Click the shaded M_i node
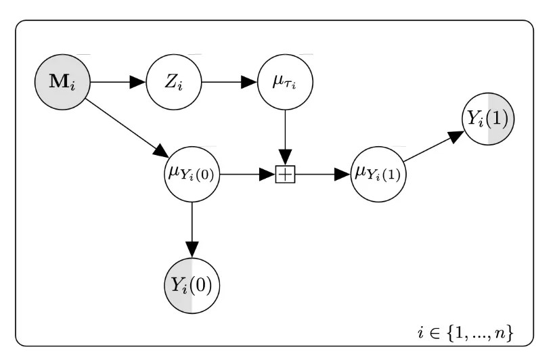(x=62, y=83)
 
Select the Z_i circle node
(x=174, y=83)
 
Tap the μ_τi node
(x=285, y=83)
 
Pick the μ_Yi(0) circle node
(x=192, y=174)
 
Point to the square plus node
(x=285, y=175)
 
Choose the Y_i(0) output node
(x=192, y=284)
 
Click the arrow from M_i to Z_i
(x=118, y=83)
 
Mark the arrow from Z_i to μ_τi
(x=229, y=83)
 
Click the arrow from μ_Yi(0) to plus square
(x=246, y=175)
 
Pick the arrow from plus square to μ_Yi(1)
(x=322, y=175)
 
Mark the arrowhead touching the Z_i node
(x=139, y=83)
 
